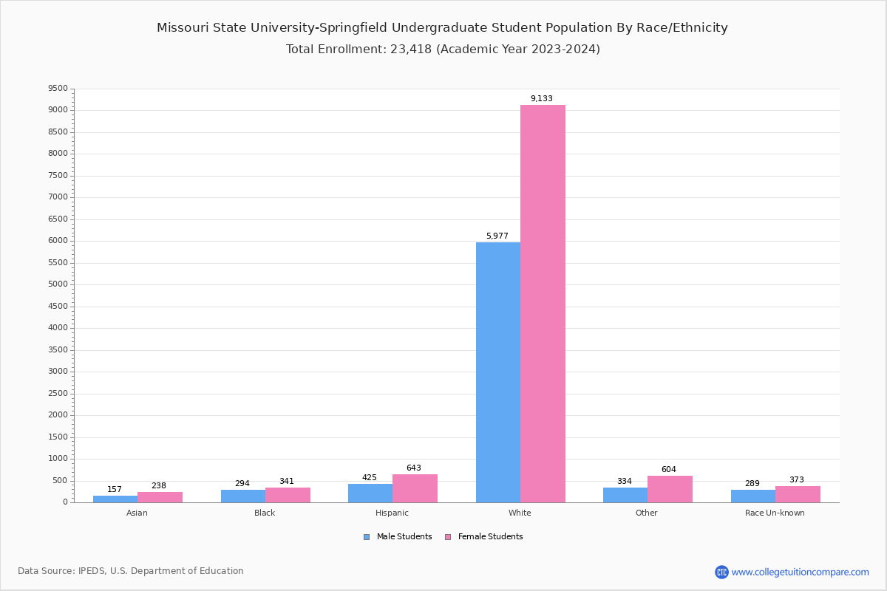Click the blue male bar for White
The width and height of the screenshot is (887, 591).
pos(497,372)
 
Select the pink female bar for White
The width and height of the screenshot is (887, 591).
pos(543,304)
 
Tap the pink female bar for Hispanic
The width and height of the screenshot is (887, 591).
pos(415,488)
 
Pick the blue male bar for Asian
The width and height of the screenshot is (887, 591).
pos(115,499)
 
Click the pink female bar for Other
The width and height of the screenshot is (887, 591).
pos(670,489)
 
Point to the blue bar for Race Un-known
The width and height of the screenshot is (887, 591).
pos(752,496)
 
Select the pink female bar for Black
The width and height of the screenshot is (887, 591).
pos(288,495)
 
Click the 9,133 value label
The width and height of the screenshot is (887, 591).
pos(541,99)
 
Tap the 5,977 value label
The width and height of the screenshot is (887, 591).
pos(497,236)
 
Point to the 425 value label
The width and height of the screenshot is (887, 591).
pos(369,478)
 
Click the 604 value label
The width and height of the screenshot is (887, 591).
pos(668,470)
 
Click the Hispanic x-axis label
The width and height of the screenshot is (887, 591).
pos(392,513)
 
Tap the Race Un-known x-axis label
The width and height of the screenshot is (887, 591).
pos(775,513)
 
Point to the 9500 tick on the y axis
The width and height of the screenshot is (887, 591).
pos(58,89)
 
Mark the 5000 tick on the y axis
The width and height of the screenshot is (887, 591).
pos(58,284)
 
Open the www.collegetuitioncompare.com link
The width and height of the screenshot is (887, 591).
pos(800,572)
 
